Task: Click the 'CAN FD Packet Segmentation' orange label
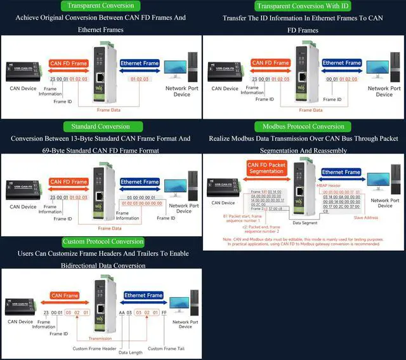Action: pos(266,168)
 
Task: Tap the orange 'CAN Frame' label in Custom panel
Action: pos(65,295)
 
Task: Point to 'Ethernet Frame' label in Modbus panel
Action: pos(341,172)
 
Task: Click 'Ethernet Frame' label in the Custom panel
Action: pos(143,295)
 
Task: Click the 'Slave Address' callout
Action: pos(367,218)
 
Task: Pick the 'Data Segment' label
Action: pos(304,223)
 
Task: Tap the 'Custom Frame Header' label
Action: pos(94,348)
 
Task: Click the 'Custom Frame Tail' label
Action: pos(165,348)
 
